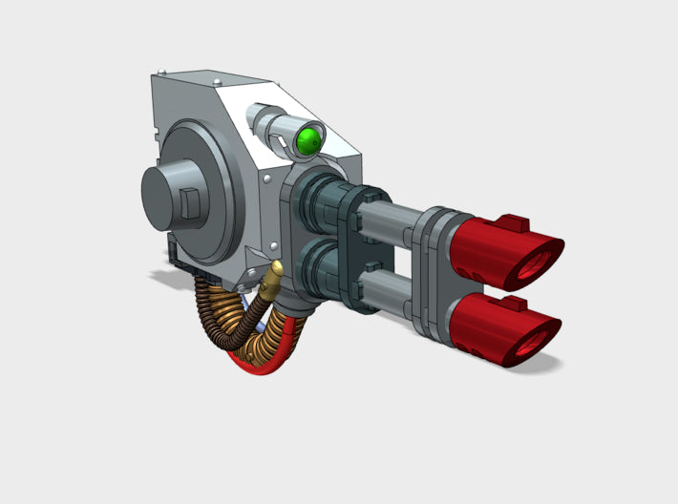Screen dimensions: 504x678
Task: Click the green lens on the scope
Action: (307, 141)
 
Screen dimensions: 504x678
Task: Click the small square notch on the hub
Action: (191, 202)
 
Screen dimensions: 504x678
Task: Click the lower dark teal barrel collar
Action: (315, 272)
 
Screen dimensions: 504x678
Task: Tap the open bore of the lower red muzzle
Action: (535, 334)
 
